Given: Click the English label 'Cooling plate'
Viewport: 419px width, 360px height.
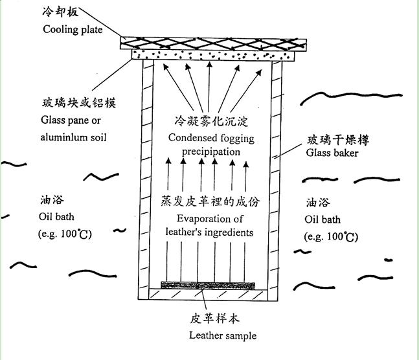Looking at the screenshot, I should point(73,29).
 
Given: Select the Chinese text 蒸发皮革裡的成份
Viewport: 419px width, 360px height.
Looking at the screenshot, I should point(209,202).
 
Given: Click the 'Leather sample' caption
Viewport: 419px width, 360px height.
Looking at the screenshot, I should point(223,335).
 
